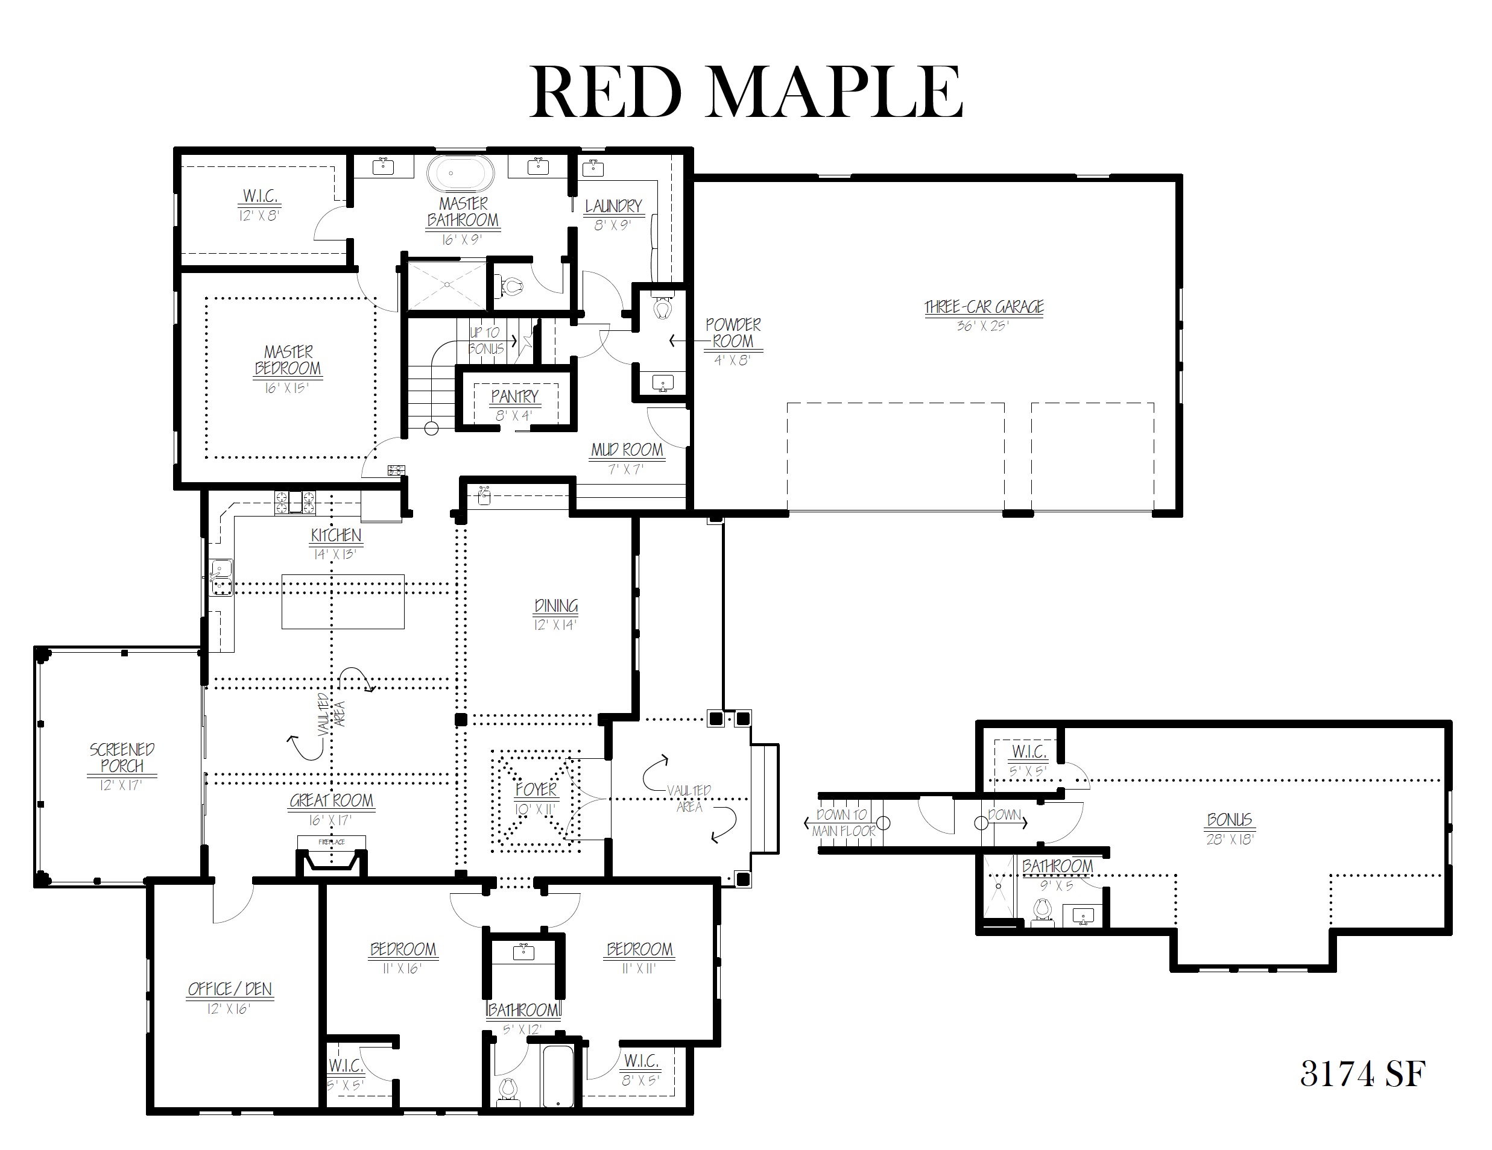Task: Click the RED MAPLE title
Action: click(x=746, y=92)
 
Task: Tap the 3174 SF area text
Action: click(x=1362, y=1074)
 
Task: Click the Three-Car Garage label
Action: click(x=984, y=307)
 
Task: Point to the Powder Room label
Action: click(x=733, y=333)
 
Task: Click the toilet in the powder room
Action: click(x=662, y=307)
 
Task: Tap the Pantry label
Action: click(x=515, y=396)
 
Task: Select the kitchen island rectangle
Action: click(x=343, y=601)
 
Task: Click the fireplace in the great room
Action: click(x=331, y=855)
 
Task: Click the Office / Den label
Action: click(x=230, y=989)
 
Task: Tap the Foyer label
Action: click(x=536, y=790)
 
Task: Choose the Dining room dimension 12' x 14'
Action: click(x=556, y=625)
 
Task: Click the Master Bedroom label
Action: click(x=288, y=360)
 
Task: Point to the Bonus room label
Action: click(x=1230, y=820)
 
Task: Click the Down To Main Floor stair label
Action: click(x=843, y=822)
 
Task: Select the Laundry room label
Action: click(x=613, y=206)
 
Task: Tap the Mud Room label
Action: click(x=627, y=450)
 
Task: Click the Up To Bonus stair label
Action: click(x=485, y=340)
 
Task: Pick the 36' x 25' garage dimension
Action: click(x=983, y=325)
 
